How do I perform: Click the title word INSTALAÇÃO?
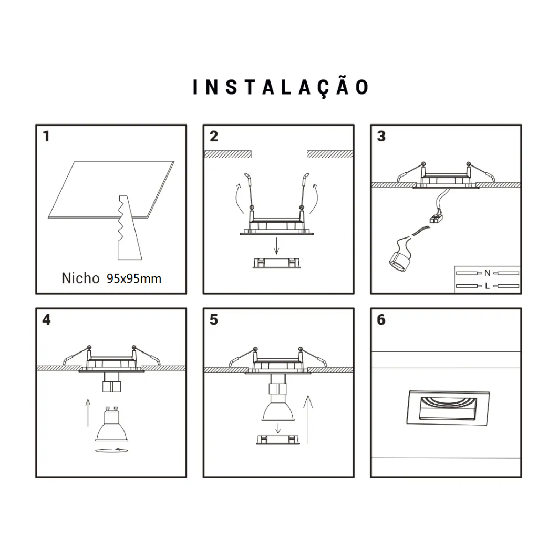[x=281, y=87]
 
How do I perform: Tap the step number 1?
[x=46, y=136]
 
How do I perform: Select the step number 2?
[x=214, y=136]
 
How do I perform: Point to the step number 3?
[x=381, y=136]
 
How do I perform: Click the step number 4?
[x=46, y=320]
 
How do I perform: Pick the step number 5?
[x=214, y=320]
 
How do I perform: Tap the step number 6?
[x=381, y=320]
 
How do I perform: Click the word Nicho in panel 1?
[x=80, y=278]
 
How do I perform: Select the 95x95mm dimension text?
[x=134, y=278]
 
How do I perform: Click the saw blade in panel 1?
[x=129, y=227]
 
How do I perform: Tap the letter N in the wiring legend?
[x=487, y=273]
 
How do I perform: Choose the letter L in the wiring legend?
[x=487, y=286]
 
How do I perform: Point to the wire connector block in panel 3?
[x=436, y=218]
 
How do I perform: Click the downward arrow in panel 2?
[x=276, y=246]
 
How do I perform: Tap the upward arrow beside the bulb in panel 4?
[x=88, y=413]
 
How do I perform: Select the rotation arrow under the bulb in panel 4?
[x=111, y=450]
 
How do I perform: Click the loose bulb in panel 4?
[x=111, y=424]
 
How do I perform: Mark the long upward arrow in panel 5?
[x=308, y=420]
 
